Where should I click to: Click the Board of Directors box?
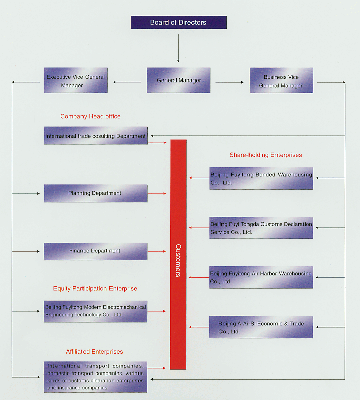178,22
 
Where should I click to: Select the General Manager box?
178,80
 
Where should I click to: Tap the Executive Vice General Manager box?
76,80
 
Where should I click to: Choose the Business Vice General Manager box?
281,80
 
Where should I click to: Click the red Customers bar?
178,254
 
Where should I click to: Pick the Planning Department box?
96,193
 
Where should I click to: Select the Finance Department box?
96,251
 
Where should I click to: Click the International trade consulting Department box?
96,136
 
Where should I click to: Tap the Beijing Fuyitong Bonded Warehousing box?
261,178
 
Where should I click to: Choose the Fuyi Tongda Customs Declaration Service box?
261,228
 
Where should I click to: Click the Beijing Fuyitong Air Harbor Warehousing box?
261,278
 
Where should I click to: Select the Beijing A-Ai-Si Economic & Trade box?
261,327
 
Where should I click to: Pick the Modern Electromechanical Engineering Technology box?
95,311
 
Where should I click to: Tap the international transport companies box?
95,377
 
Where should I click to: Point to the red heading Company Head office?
90,116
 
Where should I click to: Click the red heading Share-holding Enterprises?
266,155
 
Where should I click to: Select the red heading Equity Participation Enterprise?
95,288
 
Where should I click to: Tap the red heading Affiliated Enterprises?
94,351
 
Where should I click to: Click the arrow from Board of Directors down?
178,48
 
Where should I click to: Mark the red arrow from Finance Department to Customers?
157,251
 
